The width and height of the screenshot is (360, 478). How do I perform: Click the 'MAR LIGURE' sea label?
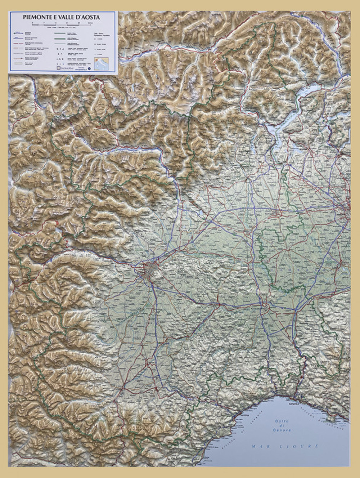point(285,446)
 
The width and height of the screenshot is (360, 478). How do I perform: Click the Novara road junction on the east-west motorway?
point(276,213)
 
